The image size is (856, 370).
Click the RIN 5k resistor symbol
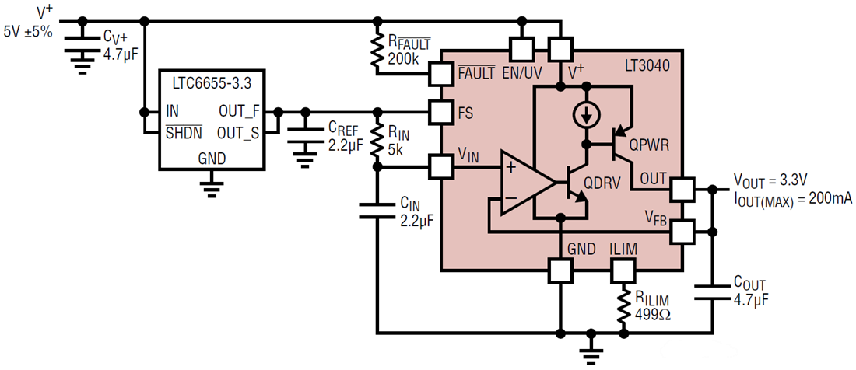click(x=377, y=141)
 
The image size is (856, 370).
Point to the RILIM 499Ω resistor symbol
click(x=623, y=307)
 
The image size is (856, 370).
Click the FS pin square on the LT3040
click(x=441, y=112)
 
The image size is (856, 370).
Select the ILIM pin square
click(x=623, y=270)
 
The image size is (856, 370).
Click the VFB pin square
click(x=682, y=231)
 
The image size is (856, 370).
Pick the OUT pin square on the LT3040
click(x=682, y=188)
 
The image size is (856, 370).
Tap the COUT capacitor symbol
click(x=714, y=291)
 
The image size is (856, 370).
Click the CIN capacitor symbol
click(x=377, y=211)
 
